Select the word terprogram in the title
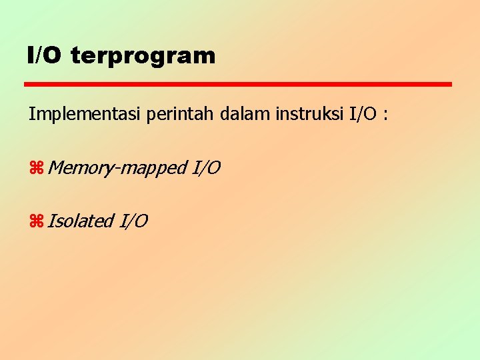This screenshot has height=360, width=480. point(143,56)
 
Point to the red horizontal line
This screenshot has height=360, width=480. point(238,85)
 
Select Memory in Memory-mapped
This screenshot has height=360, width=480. point(79,168)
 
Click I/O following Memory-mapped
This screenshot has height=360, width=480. point(206,167)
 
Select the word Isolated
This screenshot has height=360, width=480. point(79,221)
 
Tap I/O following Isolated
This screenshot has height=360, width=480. point(133,221)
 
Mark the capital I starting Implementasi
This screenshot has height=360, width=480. point(31,114)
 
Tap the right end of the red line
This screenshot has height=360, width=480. point(450,85)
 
